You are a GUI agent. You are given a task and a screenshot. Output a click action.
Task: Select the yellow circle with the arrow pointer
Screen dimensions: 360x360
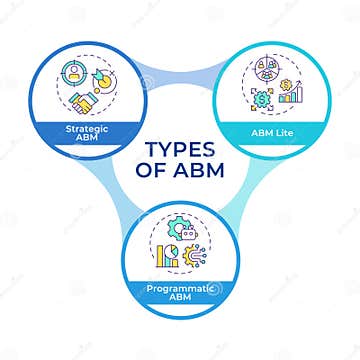[102, 79]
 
